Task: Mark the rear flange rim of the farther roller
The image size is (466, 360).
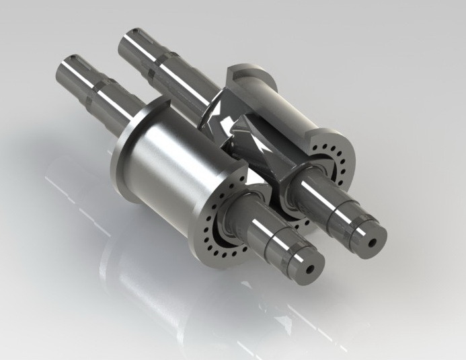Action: pos(242,74)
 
